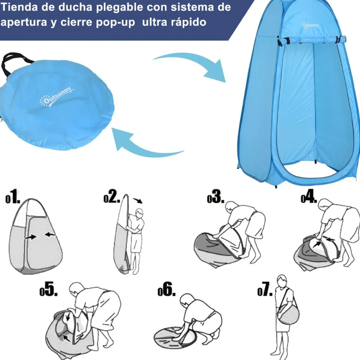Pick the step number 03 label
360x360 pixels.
pyautogui.click(x=216, y=197)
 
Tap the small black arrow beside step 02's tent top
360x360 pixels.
pyautogui.click(x=138, y=200)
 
